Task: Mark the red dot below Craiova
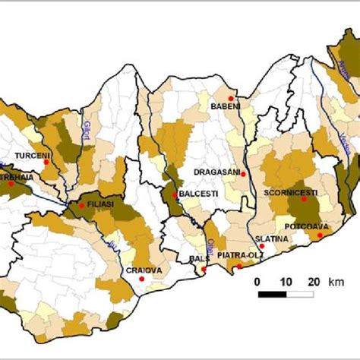click(142, 279)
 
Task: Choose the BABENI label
click(225, 106)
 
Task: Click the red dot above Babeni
click(231, 97)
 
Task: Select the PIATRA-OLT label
click(235, 256)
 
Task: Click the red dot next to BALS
click(204, 268)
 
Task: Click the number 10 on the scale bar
click(286, 282)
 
